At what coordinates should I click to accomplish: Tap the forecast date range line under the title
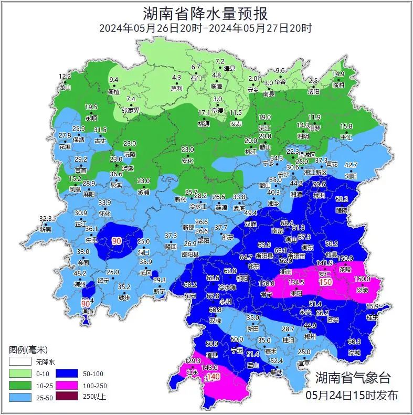(206, 28)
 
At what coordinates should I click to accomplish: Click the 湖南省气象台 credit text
(353, 377)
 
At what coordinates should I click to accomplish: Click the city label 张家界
(131, 110)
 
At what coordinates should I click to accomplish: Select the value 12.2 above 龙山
(65, 77)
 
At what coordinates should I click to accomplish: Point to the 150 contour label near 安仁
(326, 282)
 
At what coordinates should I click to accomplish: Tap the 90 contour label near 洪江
(117, 241)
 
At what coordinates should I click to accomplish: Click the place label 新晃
(46, 229)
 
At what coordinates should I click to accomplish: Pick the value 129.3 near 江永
(193, 361)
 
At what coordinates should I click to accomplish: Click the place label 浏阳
(351, 175)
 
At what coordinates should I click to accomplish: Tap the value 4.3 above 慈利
(177, 78)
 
